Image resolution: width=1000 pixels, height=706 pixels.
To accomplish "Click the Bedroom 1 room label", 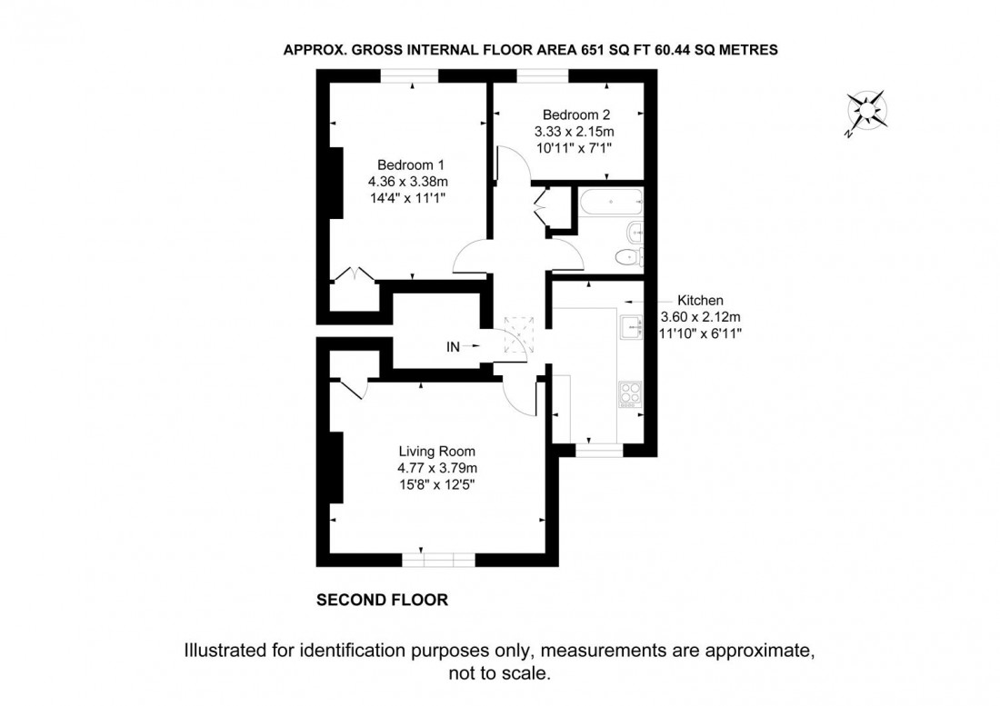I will (411, 164).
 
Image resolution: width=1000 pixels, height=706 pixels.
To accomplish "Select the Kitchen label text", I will (700, 301).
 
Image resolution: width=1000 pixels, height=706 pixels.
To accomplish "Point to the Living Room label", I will (436, 452).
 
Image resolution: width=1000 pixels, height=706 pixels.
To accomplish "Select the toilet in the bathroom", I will (626, 256).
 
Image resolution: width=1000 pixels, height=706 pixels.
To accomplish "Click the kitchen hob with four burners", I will (629, 393).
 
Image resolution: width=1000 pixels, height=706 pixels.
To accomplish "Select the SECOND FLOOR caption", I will (382, 601).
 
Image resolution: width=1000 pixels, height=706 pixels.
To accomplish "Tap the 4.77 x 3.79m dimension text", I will (436, 468).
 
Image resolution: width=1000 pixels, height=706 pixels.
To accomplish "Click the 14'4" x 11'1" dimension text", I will (411, 196).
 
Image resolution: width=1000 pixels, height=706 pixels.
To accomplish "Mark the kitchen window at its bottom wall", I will (597, 448).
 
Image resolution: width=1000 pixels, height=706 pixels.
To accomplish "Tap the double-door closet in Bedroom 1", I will (355, 276).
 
